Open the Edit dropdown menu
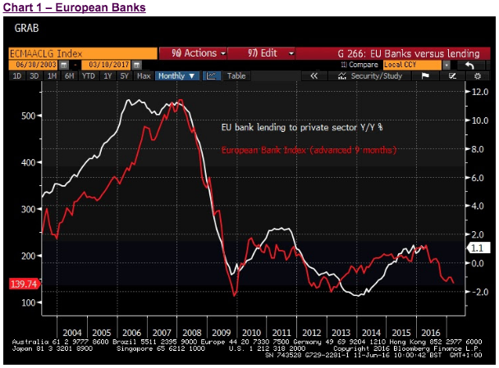point(271,52)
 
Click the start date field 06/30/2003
point(35,64)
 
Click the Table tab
point(236,76)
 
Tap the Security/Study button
point(374,76)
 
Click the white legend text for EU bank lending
point(302,129)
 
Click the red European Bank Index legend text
point(309,150)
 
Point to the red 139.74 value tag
point(25,283)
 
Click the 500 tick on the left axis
point(28,116)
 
